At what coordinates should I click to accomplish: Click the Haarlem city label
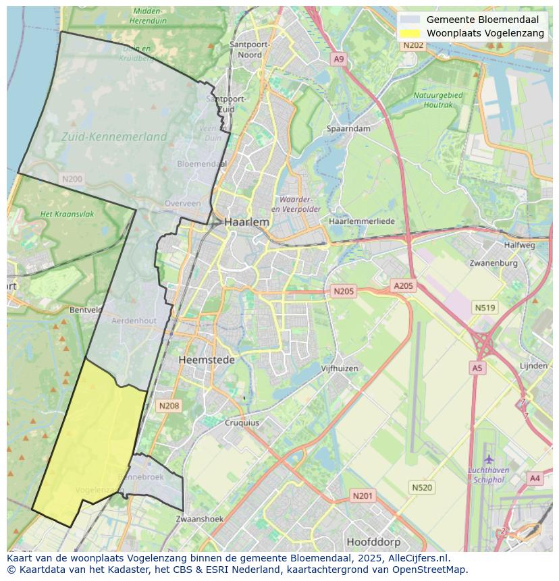246,222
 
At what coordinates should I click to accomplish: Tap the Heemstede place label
207,360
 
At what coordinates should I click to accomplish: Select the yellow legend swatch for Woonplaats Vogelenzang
409,33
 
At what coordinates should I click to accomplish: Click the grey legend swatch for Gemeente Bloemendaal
409,20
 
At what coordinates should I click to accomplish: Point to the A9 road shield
339,59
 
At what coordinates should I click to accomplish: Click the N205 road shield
343,292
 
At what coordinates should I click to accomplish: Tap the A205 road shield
403,286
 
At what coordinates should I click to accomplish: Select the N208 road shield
168,406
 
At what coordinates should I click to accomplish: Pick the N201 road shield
362,496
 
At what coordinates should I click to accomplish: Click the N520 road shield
422,487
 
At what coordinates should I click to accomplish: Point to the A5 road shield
477,368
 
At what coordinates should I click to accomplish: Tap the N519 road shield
485,308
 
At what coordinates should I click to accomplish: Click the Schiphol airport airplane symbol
489,460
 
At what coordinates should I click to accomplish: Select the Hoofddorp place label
373,542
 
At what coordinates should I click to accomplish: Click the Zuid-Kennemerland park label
113,137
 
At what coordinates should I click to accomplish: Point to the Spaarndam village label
348,129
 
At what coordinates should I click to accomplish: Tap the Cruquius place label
242,423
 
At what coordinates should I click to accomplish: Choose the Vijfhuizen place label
340,369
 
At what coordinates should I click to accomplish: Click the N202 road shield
412,45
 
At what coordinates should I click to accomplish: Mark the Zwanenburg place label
494,263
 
